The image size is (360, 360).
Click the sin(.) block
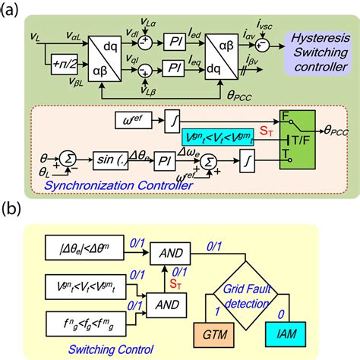coord(99,160)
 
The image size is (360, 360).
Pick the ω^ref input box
coord(122,118)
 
